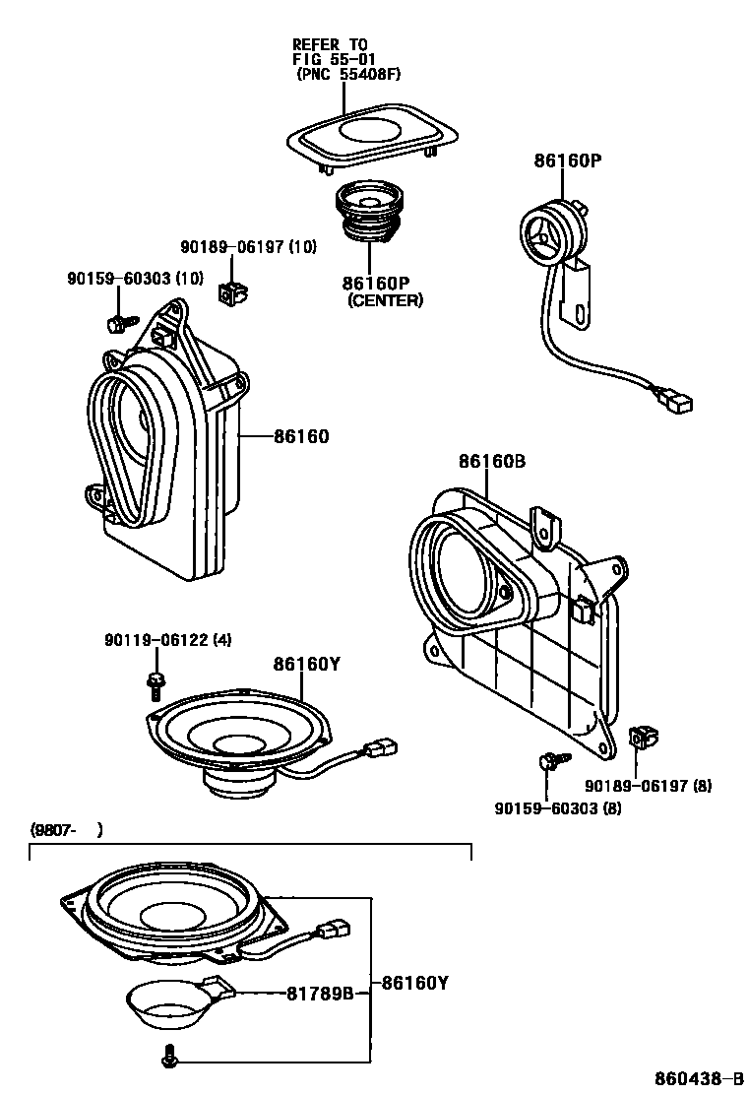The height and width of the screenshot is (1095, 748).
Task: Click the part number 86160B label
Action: pyautogui.click(x=491, y=461)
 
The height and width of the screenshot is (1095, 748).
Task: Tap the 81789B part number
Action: pyautogui.click(x=320, y=994)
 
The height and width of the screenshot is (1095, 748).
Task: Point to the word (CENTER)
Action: pyautogui.click(x=385, y=300)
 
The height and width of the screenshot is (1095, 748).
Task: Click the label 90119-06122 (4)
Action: pyautogui.click(x=167, y=640)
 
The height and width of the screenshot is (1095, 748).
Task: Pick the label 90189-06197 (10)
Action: pyautogui.click(x=247, y=247)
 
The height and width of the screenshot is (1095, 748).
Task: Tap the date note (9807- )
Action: pyautogui.click(x=65, y=830)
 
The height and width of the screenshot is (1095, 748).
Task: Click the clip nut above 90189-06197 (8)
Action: pyautogui.click(x=643, y=737)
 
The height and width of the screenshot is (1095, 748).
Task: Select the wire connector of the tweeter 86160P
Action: pyautogui.click(x=676, y=402)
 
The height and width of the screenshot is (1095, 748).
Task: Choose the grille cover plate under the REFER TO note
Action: pyautogui.click(x=369, y=134)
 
